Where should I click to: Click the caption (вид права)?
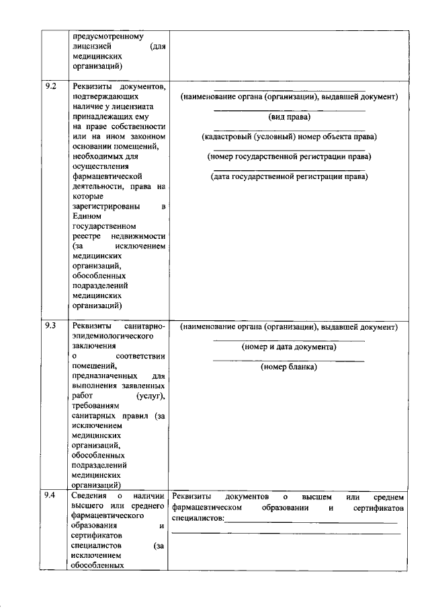pos(289,116)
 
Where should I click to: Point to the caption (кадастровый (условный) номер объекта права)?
pos(289,137)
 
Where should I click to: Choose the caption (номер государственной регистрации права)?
pos(289,157)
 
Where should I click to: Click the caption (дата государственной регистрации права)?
pos(289,177)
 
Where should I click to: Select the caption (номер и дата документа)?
pos(289,347)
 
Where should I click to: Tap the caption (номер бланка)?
pos(289,367)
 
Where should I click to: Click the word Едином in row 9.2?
pos(86,217)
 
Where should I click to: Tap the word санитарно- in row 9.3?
pos(146,326)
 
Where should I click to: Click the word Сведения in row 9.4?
pos(90,496)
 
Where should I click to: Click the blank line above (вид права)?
pos(289,110)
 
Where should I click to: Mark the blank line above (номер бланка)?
pos(289,361)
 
